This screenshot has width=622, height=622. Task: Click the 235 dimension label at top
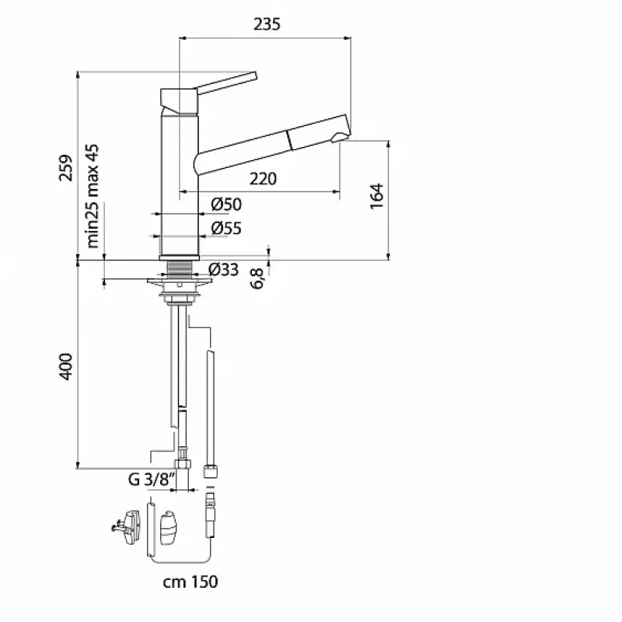coord(267,24)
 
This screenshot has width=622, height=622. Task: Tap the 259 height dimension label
coord(66,168)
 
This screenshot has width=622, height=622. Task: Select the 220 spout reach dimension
coord(263,179)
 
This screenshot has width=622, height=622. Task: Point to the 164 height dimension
coord(376,196)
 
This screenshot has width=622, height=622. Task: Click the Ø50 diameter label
coord(226,204)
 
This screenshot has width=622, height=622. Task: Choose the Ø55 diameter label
coord(226,228)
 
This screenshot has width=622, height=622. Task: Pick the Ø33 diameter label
coord(224,270)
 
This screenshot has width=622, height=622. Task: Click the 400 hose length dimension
coord(66,366)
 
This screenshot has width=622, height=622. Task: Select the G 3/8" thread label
coord(152,479)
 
